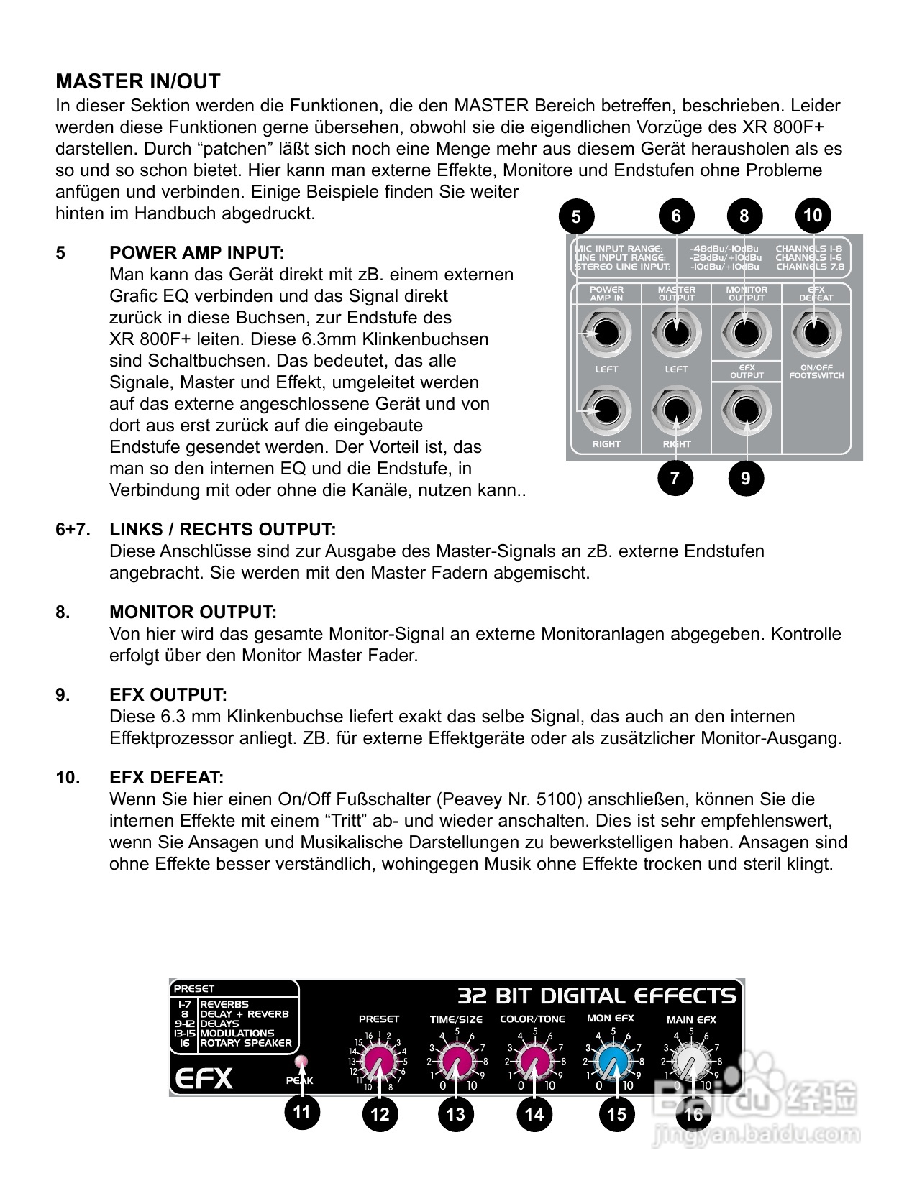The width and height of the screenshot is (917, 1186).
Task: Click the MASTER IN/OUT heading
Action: pos(137,81)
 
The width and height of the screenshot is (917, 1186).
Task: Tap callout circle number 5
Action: pos(576,216)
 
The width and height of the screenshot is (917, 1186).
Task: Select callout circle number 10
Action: pos(813,215)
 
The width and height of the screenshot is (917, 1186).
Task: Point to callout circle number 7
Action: pos(675,478)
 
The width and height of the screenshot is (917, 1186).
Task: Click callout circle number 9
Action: pos(745,478)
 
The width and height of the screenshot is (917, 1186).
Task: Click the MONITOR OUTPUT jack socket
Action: pos(745,333)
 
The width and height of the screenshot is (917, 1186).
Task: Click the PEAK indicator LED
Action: pos(299,1062)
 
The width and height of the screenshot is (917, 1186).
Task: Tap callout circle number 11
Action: pos(301,1113)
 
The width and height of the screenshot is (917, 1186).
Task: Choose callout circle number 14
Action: pos(534,1114)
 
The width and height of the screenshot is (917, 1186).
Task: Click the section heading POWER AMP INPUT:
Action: pos(196,253)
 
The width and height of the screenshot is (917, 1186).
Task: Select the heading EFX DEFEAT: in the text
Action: pos(166,778)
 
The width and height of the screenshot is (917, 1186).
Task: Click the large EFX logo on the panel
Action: pos(203,1078)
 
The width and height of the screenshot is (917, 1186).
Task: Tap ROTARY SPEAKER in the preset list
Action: pos(245,1043)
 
